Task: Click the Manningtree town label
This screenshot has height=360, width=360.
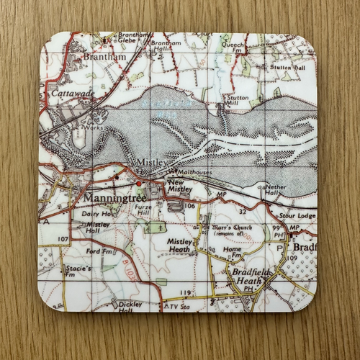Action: [112, 197]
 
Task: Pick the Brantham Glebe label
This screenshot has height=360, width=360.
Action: [134, 39]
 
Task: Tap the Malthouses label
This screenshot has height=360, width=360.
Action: [192, 173]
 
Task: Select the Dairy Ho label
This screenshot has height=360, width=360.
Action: [95, 214]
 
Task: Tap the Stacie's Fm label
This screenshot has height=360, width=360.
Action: [78, 271]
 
